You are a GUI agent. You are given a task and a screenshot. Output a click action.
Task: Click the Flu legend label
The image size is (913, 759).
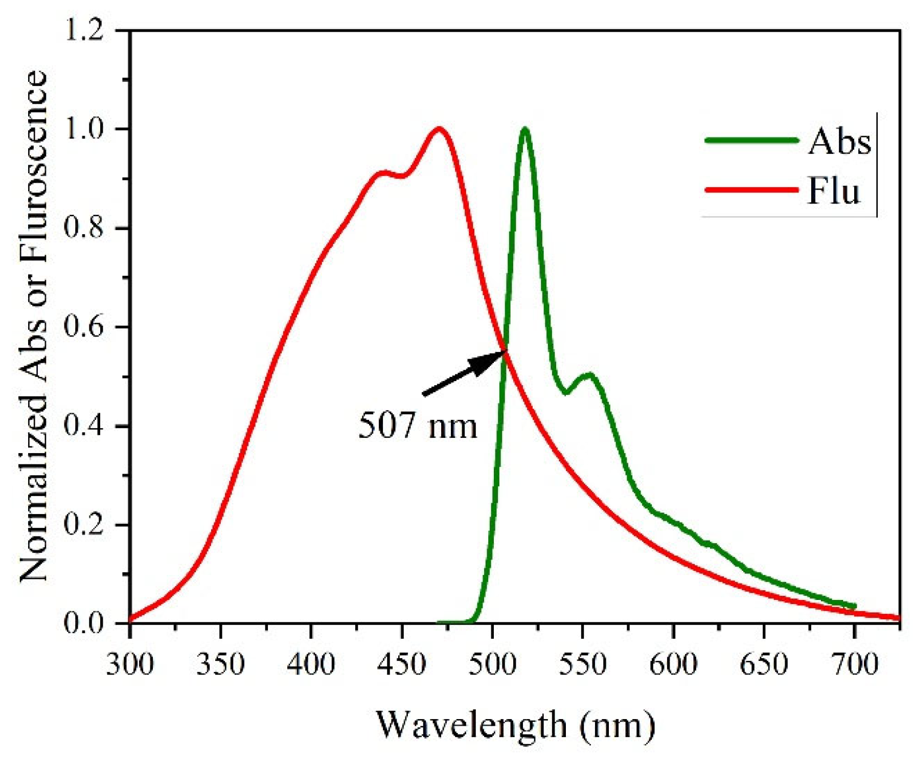point(833,191)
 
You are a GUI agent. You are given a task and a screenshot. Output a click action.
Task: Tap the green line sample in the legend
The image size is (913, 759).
point(751,140)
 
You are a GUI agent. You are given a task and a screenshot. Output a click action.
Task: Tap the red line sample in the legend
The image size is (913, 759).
point(751,190)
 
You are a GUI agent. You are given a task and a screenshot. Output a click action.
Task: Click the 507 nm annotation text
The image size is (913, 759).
point(417,426)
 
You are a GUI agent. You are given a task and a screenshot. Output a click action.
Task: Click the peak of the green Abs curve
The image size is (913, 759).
point(524,129)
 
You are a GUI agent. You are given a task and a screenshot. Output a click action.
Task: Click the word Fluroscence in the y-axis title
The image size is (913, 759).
point(33,174)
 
